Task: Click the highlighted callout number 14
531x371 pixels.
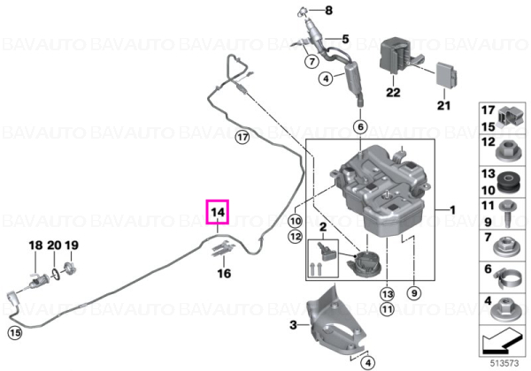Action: [218, 212]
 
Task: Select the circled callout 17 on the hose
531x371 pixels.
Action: [242, 138]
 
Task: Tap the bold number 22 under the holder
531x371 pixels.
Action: [393, 92]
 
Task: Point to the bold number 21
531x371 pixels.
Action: [443, 105]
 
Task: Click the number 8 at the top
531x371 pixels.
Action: [329, 11]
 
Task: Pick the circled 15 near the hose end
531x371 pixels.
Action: [15, 333]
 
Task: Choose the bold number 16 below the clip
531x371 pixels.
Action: [224, 273]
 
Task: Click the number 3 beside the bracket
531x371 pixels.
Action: [293, 325]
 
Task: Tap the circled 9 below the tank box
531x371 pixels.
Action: [414, 293]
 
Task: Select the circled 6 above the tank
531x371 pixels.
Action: [360, 127]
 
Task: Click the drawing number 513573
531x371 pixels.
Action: [504, 363]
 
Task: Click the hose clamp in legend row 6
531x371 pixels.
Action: [507, 280]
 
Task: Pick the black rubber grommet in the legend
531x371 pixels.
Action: [508, 183]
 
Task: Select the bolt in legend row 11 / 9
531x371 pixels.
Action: [507, 213]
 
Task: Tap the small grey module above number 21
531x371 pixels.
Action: [447, 74]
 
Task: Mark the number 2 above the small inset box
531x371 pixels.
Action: [323, 227]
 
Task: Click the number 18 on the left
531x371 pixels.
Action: [36, 246]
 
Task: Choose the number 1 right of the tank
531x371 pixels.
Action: [452, 210]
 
